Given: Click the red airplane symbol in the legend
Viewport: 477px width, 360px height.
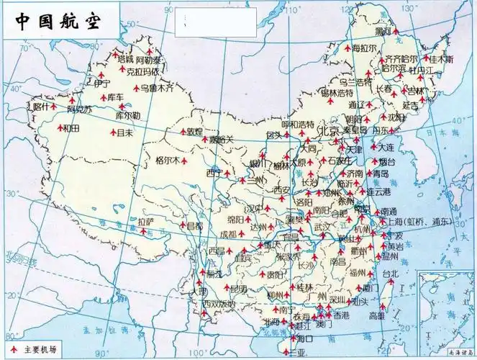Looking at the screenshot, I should click(12, 348).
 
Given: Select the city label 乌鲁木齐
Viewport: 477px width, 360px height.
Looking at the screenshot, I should click(157, 88).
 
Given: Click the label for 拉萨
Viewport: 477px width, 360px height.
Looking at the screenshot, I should click(146, 222).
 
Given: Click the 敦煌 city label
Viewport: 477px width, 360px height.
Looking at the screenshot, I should click(194, 131).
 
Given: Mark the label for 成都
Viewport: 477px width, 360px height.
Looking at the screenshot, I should click(228, 234).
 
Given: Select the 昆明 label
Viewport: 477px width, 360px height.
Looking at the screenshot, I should click(237, 289).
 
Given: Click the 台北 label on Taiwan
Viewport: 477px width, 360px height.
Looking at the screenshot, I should click(389, 274).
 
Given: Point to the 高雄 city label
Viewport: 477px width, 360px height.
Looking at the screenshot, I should click(377, 315).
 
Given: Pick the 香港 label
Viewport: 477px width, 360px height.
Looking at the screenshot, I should click(341, 315).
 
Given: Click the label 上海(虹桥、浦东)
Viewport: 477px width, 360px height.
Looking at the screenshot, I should click(424, 222).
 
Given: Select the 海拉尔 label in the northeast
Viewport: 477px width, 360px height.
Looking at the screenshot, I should click(365, 48).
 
